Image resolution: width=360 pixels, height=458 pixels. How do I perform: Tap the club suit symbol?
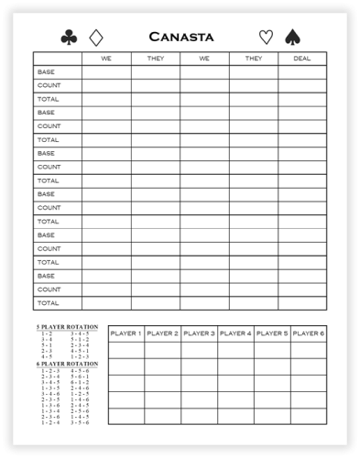click(69, 38)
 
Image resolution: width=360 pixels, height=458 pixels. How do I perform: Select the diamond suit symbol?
click(96, 38)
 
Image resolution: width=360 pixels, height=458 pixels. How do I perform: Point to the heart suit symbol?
click(266, 38)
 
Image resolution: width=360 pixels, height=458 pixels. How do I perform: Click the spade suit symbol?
click(293, 38)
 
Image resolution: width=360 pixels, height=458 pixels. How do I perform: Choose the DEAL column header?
click(301, 58)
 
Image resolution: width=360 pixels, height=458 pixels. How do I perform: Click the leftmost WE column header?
click(105, 58)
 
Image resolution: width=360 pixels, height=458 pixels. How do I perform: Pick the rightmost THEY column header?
click(253, 58)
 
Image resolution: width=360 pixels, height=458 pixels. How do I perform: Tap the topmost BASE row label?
click(46, 71)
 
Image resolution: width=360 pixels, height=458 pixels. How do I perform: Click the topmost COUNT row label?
click(49, 85)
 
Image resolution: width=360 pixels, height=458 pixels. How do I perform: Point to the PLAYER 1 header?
click(125, 333)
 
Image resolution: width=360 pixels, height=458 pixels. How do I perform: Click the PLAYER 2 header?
click(162, 333)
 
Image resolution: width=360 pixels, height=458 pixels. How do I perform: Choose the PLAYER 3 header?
click(199, 333)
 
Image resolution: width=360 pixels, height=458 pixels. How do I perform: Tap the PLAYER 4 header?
click(235, 333)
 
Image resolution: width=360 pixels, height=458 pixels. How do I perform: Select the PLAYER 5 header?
click(272, 333)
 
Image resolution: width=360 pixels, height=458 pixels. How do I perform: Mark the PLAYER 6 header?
click(308, 333)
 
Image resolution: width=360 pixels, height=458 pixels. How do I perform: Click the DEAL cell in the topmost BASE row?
click(301, 71)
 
